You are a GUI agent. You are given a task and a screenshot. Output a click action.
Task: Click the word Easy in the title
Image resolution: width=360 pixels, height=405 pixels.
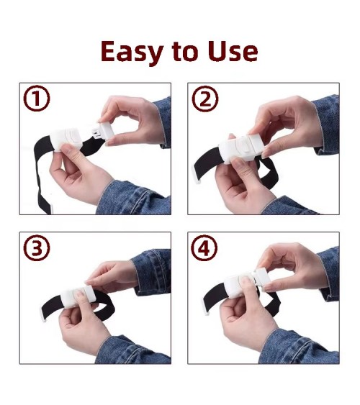(132, 53)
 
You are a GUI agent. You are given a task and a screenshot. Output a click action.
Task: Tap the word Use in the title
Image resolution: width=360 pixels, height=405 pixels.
(233, 51)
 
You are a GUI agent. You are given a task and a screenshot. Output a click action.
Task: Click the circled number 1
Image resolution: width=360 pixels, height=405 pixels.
(37, 99)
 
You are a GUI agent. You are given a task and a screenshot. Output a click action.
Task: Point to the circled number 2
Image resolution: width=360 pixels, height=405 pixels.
(205, 99)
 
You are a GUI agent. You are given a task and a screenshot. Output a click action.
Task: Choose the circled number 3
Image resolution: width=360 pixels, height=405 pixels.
(37, 247)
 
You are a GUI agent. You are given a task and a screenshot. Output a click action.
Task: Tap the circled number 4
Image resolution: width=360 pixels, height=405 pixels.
(204, 248)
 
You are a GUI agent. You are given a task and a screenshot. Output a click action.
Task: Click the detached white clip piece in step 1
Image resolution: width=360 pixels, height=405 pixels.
(103, 131)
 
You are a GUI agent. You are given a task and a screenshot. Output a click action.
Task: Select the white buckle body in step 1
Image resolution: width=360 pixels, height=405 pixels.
(67, 140)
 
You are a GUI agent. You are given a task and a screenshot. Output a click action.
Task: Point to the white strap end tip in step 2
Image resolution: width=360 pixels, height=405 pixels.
(196, 176)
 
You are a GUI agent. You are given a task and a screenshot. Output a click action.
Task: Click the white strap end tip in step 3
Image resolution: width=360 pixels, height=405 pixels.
(43, 314)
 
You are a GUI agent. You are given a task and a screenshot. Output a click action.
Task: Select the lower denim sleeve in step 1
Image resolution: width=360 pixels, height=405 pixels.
(134, 199)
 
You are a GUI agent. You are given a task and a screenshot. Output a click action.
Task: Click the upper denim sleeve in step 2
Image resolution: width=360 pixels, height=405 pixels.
(326, 124)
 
